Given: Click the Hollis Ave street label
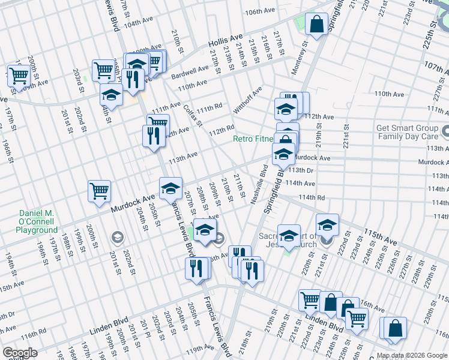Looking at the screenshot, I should [x=226, y=41].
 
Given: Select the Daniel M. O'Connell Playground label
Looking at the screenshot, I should [x=29, y=222].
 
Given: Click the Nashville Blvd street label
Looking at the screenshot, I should [x=262, y=184].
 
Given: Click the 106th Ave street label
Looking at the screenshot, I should [x=259, y=11].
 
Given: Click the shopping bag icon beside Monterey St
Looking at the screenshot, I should [x=316, y=25].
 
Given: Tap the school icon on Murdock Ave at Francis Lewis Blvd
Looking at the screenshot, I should [x=170, y=188].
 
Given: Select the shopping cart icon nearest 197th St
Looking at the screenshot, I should [x=19, y=76].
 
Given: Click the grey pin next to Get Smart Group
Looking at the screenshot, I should [x=445, y=131].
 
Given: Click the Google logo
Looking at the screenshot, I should [x=20, y=353].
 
